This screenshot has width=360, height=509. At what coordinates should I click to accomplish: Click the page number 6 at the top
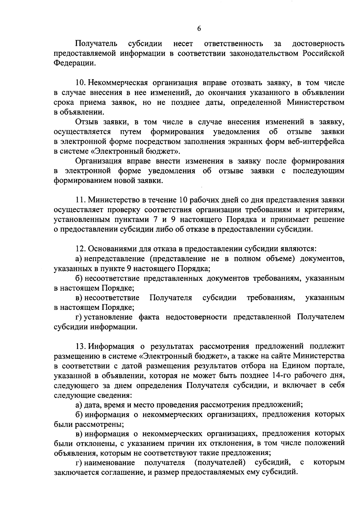[199, 29]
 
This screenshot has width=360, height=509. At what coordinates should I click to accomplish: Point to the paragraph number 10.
[80, 83]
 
